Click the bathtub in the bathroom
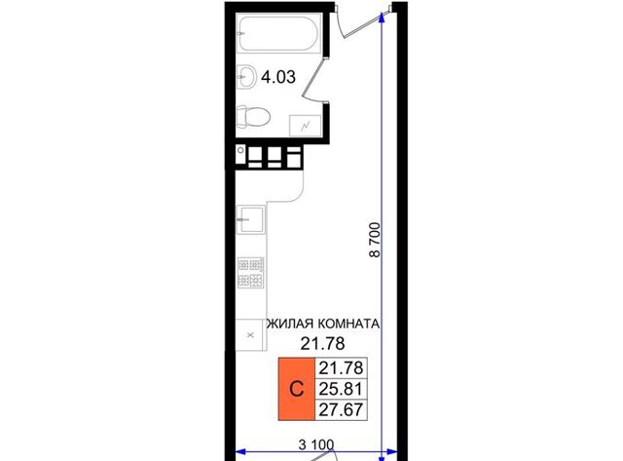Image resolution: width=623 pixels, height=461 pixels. (278, 33)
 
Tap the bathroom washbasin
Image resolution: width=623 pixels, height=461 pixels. (246, 76)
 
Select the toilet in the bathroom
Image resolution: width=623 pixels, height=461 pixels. (253, 117)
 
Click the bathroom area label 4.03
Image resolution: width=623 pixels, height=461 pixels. (278, 77)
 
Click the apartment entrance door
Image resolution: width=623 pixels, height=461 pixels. (359, 23)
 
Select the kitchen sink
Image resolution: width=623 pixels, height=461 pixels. (250, 219)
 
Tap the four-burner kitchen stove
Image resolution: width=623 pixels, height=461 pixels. (251, 273)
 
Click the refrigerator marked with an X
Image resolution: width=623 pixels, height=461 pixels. (251, 334)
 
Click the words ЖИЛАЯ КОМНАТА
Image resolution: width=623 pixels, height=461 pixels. (322, 324)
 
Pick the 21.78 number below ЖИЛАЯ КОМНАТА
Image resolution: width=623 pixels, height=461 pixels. (322, 343)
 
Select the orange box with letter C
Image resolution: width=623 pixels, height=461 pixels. (296, 389)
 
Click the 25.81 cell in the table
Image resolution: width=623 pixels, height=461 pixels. (341, 389)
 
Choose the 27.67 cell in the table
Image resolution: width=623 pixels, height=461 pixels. (341, 409)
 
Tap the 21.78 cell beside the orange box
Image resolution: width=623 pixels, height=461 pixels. (341, 368)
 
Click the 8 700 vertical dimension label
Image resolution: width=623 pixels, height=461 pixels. (375, 240)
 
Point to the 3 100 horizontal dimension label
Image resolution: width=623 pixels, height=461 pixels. (316, 444)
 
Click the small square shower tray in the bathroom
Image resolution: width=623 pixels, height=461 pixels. (305, 126)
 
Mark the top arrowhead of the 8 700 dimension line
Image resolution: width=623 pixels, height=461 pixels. (383, 16)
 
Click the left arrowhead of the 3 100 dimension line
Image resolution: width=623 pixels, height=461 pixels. (240, 452)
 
